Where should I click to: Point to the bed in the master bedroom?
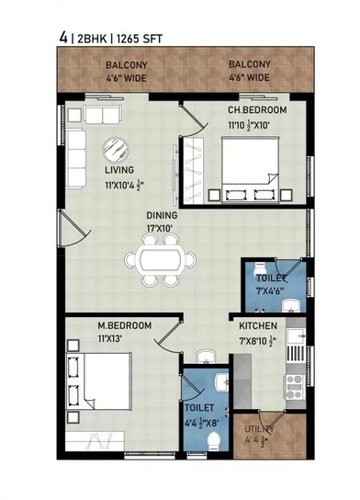click(x=103, y=383)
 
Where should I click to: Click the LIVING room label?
click(x=119, y=170)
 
